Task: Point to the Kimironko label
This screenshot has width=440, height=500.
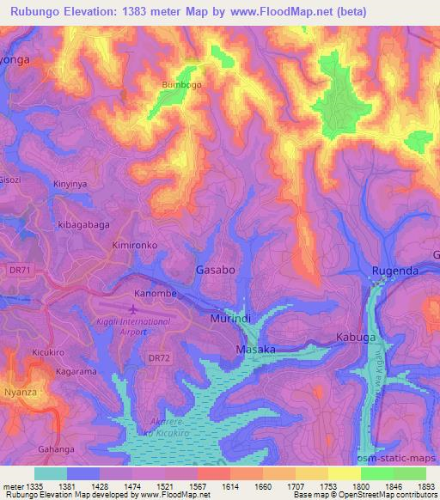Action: (133, 245)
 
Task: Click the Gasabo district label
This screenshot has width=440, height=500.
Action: (215, 270)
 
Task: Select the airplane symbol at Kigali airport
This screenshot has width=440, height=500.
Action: (132, 307)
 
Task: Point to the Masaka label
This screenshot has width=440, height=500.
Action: (255, 350)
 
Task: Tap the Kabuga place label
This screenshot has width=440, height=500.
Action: (356, 338)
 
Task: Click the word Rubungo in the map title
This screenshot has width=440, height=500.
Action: (32, 12)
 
